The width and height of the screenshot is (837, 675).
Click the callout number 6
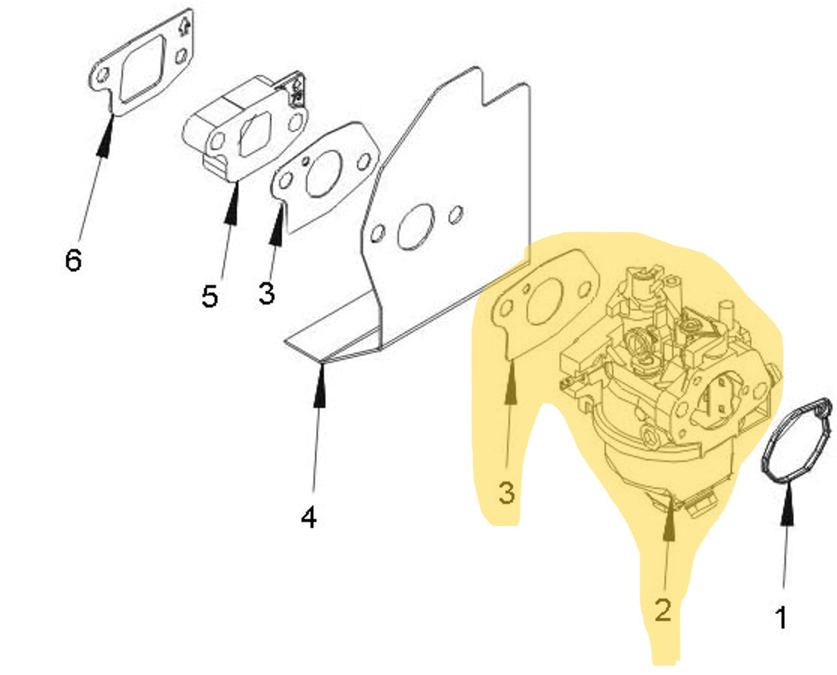tap(73, 260)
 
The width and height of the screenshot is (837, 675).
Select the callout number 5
tap(210, 296)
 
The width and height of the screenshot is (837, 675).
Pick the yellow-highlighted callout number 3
tap(507, 493)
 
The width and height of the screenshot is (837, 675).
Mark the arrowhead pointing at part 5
tap(233, 204)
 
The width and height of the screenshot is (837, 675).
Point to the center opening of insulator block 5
tap(255, 132)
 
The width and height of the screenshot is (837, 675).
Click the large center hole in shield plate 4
tap(415, 227)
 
